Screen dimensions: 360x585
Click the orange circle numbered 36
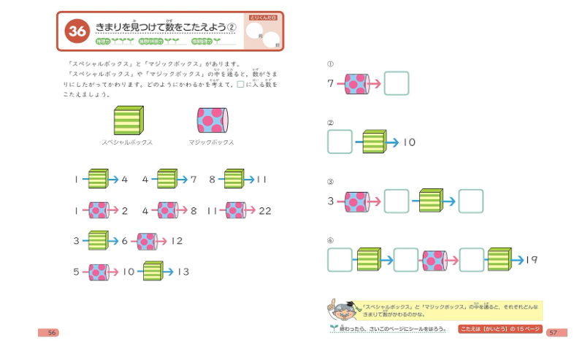pyautogui.click(x=75, y=31)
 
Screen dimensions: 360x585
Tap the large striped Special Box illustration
pyautogui.click(x=128, y=120)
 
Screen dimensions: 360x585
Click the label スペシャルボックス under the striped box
pyautogui.click(x=127, y=142)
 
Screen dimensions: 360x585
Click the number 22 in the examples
pyautogui.click(x=264, y=210)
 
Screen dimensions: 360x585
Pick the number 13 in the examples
pyautogui.click(x=183, y=272)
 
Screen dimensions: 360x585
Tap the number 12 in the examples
pyautogui.click(x=177, y=240)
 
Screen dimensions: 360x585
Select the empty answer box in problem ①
pyautogui.click(x=397, y=83)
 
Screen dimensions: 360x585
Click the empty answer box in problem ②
pyautogui.click(x=340, y=142)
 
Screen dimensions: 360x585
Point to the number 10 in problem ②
pyautogui.click(x=409, y=142)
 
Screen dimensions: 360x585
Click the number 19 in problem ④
pyautogui.click(x=531, y=259)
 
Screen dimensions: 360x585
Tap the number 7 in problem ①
pyautogui.click(x=331, y=83)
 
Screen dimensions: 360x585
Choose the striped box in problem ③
pyautogui.click(x=431, y=201)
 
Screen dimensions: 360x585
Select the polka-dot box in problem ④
pyautogui.click(x=434, y=260)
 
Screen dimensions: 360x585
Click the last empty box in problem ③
pyautogui.click(x=471, y=201)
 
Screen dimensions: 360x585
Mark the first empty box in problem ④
pyautogui.click(x=340, y=260)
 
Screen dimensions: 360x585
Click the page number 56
pyautogui.click(x=52, y=332)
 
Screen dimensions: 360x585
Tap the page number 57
pyautogui.click(x=553, y=332)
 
